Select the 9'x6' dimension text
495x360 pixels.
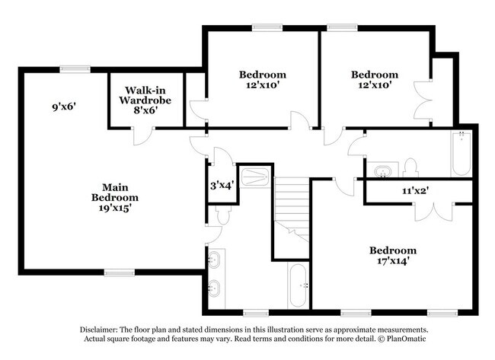click(x=65, y=107)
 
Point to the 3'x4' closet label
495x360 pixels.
click(x=221, y=184)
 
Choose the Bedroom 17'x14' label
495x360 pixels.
click(x=393, y=256)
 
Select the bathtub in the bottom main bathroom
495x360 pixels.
click(x=298, y=285)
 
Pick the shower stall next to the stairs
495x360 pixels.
click(x=254, y=177)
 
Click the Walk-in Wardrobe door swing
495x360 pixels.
click(x=142, y=136)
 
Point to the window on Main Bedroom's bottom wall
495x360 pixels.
click(x=120, y=272)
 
